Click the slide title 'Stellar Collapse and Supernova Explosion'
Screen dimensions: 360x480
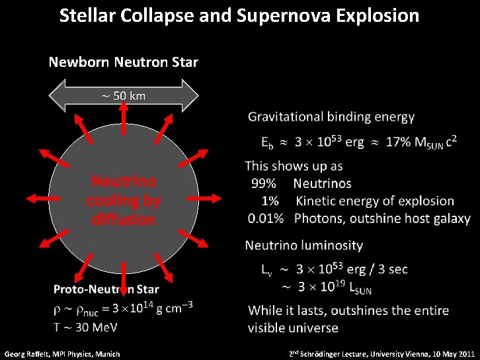(239, 15)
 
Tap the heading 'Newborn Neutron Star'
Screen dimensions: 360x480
(123, 62)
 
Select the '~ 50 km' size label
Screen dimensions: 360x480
(123, 96)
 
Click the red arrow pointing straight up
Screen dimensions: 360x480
(124, 118)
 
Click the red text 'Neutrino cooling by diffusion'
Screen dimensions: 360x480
(123, 200)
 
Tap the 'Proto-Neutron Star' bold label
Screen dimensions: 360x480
(106, 289)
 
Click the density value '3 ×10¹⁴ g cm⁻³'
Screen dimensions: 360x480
(152, 308)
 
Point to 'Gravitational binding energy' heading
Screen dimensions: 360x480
(331, 117)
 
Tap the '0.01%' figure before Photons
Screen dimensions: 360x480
(266, 218)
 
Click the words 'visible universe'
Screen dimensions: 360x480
(293, 328)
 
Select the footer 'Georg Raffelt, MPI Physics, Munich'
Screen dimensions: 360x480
(62, 354)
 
